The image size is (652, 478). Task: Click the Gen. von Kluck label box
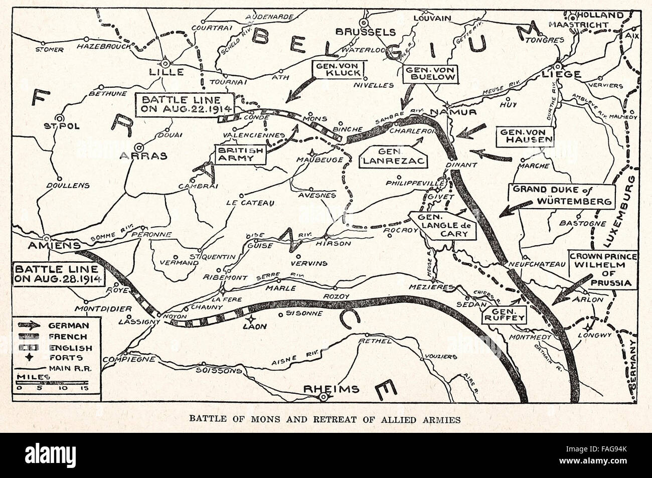337,69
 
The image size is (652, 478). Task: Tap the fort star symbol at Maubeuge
313,153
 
